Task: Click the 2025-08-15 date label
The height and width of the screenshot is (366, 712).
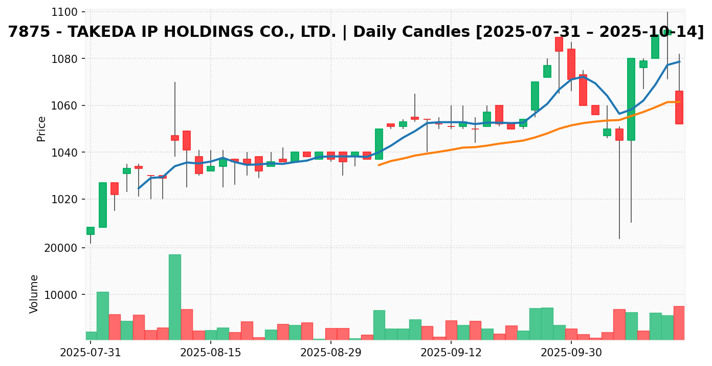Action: pyautogui.click(x=210, y=353)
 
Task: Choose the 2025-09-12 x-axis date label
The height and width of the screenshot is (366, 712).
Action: pyautogui.click(x=451, y=353)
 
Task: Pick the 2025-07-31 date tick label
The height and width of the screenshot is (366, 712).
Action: pyautogui.click(x=91, y=353)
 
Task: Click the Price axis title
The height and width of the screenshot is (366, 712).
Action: pyautogui.click(x=41, y=128)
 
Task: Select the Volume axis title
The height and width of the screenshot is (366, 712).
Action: pyautogui.click(x=34, y=293)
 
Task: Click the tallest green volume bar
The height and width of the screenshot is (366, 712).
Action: pyautogui.click(x=174, y=297)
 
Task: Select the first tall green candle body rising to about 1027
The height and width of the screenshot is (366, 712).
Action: pyautogui.click(x=103, y=205)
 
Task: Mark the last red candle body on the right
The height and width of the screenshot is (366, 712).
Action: pyautogui.click(x=679, y=107)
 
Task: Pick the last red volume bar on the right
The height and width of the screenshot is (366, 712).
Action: pyautogui.click(x=679, y=323)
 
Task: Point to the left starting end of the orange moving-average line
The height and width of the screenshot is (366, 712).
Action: pyautogui.click(x=379, y=165)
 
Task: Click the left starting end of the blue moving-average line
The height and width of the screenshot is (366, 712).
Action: pyautogui.click(x=139, y=188)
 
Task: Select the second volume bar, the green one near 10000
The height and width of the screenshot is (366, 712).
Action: pyautogui.click(x=103, y=316)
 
